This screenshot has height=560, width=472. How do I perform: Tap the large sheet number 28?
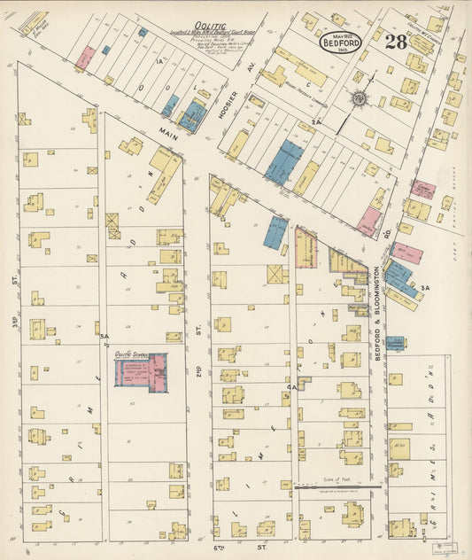pyautogui.click(x=396, y=43)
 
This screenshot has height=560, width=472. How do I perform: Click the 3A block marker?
pyautogui.click(x=425, y=288)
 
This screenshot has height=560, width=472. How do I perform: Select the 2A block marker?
pyautogui.click(x=315, y=123)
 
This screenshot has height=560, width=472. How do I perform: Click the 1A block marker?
pyautogui.click(x=159, y=61)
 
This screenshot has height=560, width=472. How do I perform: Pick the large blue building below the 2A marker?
pyautogui.click(x=283, y=162)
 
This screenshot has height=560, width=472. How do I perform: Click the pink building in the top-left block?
pyautogui.click(x=84, y=58)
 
